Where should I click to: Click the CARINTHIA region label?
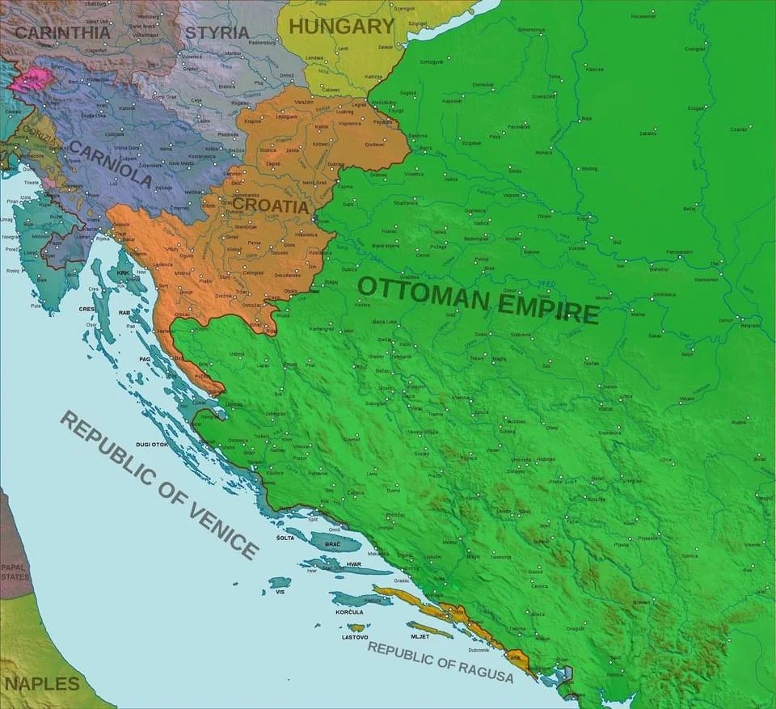[62, 33]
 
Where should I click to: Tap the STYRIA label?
[217, 33]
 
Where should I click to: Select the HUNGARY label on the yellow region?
[341, 27]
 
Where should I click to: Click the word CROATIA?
[271, 206]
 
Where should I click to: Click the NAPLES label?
[40, 684]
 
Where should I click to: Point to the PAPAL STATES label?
[14, 572]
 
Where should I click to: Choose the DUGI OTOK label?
[153, 445]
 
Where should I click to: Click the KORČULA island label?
[349, 612]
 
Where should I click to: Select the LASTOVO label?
[355, 637]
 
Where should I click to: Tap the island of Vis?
[280, 582]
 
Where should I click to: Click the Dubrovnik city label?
[479, 649]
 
